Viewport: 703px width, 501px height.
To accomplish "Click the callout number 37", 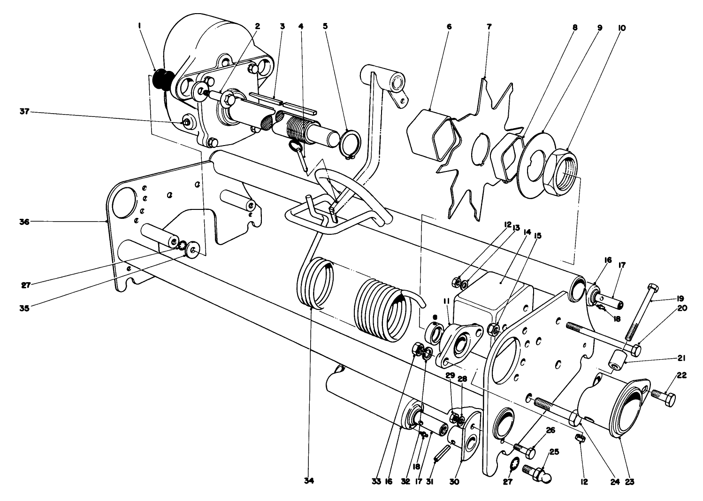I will tap(24, 112).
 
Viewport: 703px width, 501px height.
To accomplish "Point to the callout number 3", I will tap(282, 27).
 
